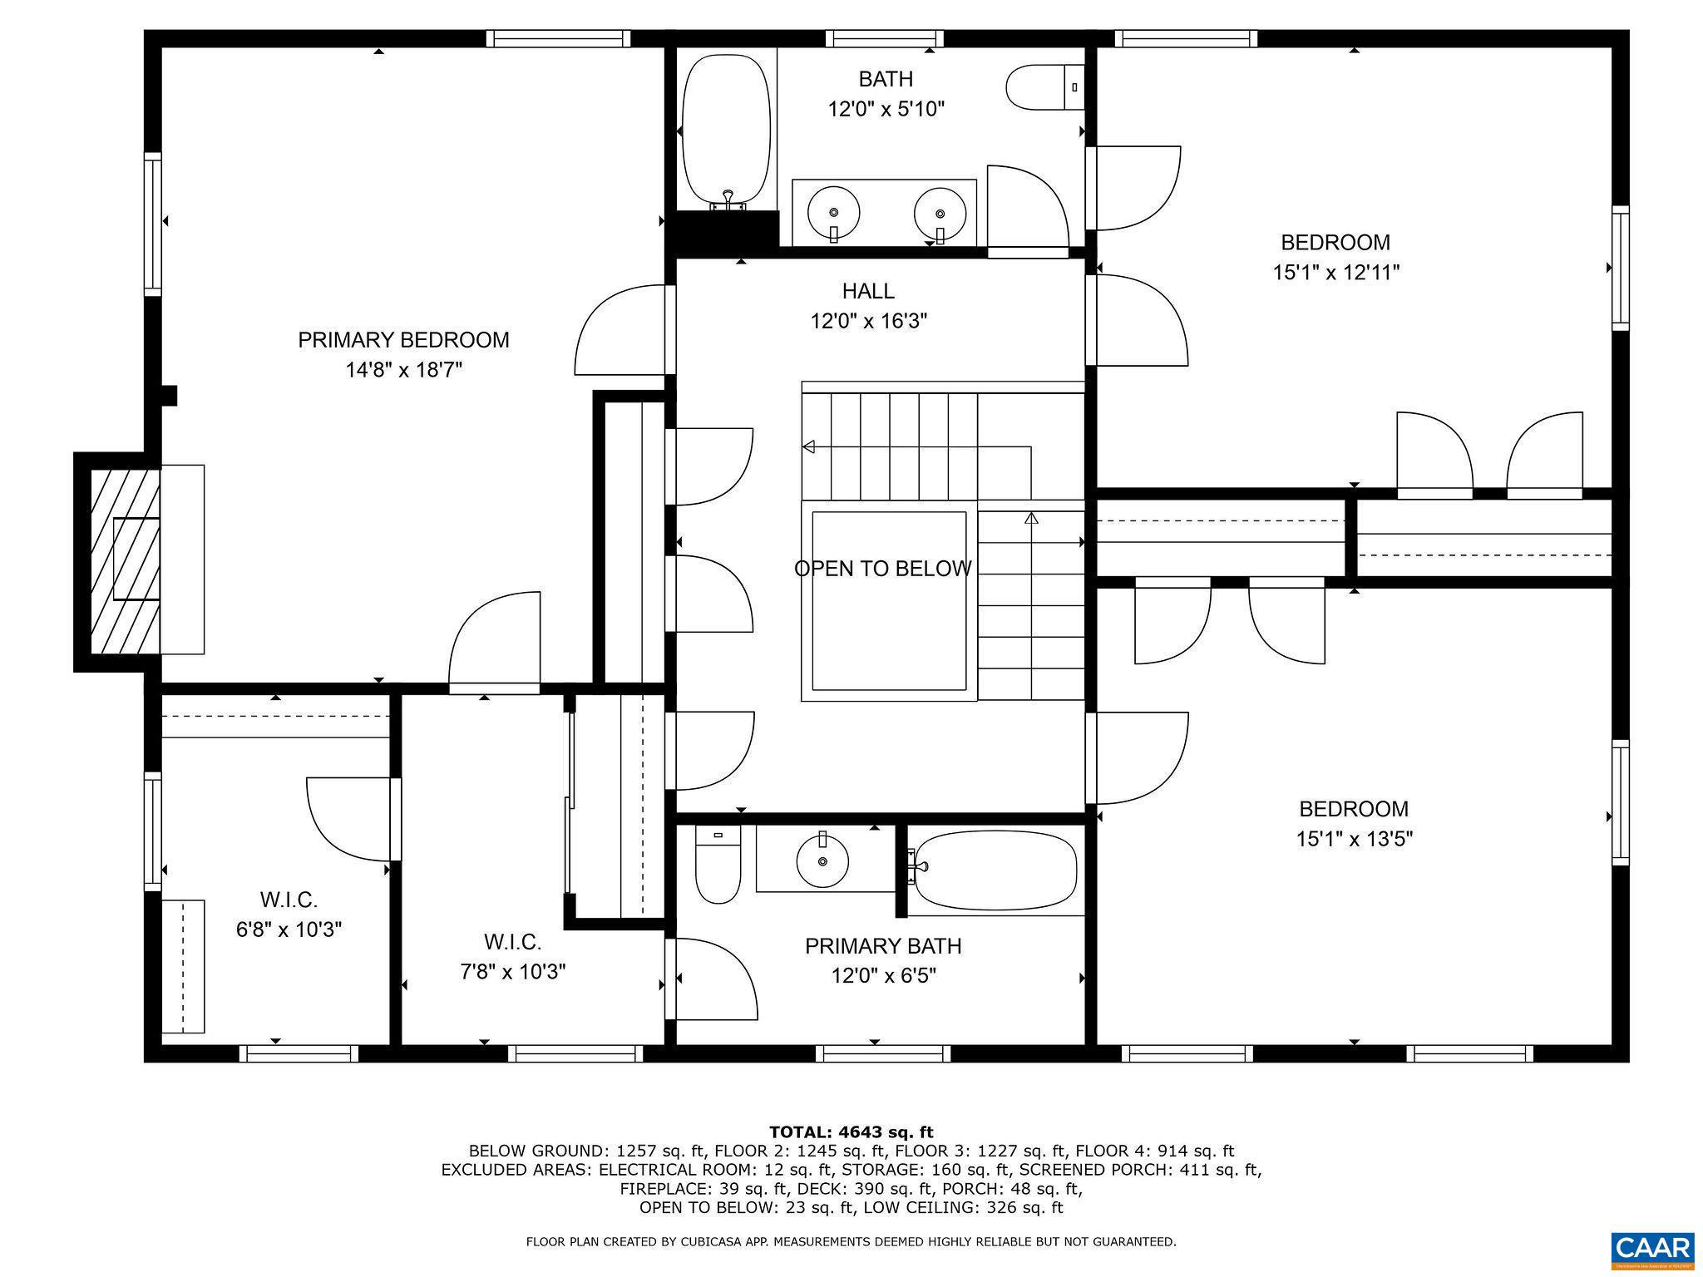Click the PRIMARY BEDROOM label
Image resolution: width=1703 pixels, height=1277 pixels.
click(x=403, y=340)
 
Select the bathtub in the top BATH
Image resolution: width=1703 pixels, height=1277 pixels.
click(x=726, y=131)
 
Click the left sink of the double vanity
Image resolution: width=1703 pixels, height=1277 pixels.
click(x=833, y=214)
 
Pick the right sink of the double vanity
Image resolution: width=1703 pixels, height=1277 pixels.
click(x=940, y=214)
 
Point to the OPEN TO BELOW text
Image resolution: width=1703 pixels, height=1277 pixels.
click(x=882, y=569)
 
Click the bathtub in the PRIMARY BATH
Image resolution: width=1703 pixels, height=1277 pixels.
click(x=994, y=870)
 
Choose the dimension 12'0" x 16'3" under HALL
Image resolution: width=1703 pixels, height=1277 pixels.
click(x=868, y=321)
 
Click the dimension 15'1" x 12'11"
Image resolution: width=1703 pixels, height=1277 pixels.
click(x=1335, y=273)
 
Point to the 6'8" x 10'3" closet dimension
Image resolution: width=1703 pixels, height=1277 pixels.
click(x=289, y=929)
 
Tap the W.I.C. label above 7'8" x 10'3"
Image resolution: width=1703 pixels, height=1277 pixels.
click(x=512, y=942)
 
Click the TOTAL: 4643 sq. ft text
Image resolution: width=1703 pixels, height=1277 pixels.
click(x=851, y=1132)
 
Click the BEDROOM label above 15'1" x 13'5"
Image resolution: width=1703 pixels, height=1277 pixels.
click(x=1354, y=809)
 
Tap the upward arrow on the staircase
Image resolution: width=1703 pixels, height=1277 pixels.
click(x=1032, y=518)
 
